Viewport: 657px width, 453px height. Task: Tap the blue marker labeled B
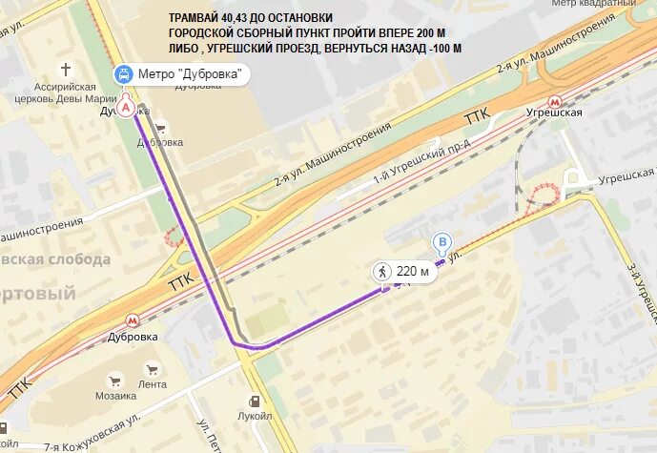pyautogui.click(x=441, y=242)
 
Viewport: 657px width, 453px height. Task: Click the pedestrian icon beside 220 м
pyautogui.click(x=383, y=272)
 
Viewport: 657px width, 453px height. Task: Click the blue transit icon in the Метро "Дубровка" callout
pyautogui.click(x=124, y=74)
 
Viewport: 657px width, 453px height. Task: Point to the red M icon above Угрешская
pyautogui.click(x=553, y=100)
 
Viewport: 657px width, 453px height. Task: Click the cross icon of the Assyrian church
pyautogui.click(x=66, y=70)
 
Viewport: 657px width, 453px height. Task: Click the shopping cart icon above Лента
pyautogui.click(x=151, y=370)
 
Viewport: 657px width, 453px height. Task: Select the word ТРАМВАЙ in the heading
pyautogui.click(x=196, y=18)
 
